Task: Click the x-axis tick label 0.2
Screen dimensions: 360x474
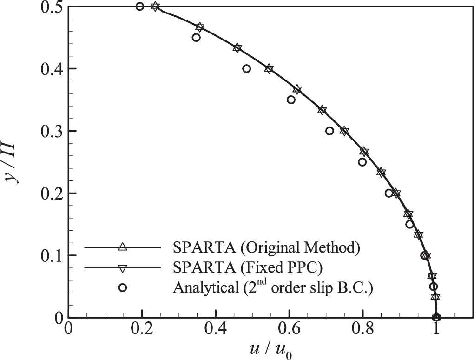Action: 142,331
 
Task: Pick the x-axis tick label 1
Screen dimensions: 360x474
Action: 436,331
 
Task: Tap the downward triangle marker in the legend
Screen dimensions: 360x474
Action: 122,267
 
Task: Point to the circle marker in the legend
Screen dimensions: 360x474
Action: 122,287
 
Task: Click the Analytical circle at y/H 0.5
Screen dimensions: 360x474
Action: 140,7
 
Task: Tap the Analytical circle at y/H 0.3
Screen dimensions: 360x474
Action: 330,131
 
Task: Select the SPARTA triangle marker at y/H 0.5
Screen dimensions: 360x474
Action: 155,7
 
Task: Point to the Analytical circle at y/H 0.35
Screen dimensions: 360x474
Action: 291,100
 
